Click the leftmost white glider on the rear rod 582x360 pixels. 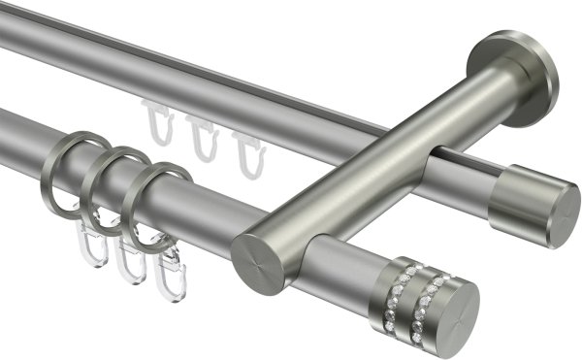point(158,121)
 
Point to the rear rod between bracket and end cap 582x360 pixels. point(466,176)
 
